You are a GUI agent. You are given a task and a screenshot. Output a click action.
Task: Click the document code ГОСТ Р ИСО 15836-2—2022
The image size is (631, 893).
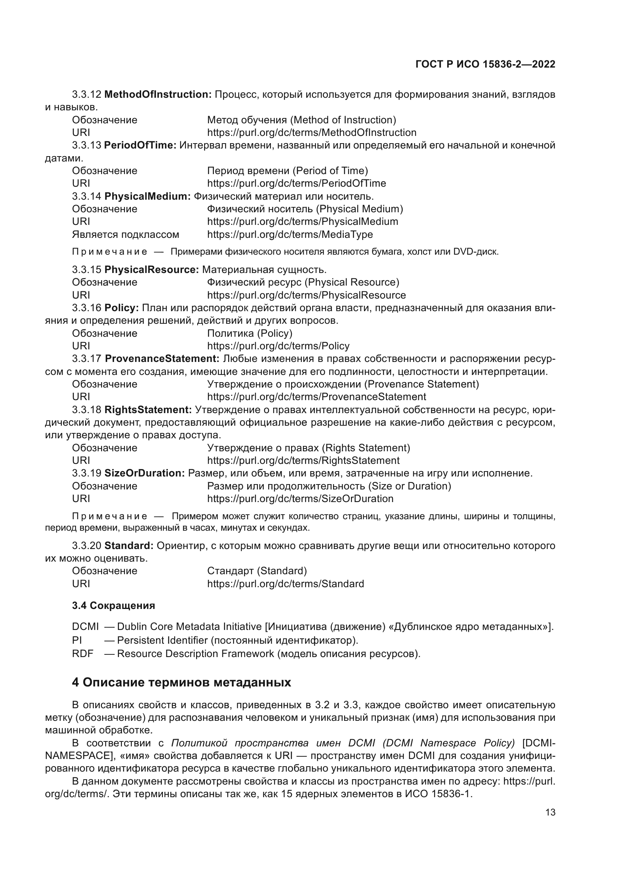[x=485, y=64]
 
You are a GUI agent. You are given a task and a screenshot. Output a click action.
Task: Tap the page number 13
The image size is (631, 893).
[x=550, y=812]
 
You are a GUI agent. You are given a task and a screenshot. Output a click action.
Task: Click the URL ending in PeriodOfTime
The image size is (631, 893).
[x=296, y=183]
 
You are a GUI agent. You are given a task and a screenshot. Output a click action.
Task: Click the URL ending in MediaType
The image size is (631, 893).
[x=290, y=234]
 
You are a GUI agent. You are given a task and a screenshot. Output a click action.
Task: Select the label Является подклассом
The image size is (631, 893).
[x=126, y=234]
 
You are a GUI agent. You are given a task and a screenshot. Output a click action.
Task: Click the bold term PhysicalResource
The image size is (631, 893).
[x=152, y=270]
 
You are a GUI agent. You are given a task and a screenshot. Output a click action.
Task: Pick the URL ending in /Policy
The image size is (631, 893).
[x=278, y=346]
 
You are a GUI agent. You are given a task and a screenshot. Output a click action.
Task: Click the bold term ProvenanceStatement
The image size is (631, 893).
[x=162, y=358]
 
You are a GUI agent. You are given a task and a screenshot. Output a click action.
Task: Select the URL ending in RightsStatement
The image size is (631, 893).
[x=303, y=460]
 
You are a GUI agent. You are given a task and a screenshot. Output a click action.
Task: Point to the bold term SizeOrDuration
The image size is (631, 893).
[x=145, y=473]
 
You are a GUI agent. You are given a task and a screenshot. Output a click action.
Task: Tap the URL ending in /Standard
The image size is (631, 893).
[x=286, y=584]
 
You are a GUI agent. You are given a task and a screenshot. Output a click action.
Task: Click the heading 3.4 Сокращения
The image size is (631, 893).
[x=113, y=606]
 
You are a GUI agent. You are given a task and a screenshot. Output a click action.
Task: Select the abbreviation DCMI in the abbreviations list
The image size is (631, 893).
[x=85, y=627]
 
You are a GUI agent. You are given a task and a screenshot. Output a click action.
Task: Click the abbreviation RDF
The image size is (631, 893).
[x=83, y=654]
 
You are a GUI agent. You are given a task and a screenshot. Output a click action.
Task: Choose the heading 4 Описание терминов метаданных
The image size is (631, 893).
[x=182, y=682]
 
